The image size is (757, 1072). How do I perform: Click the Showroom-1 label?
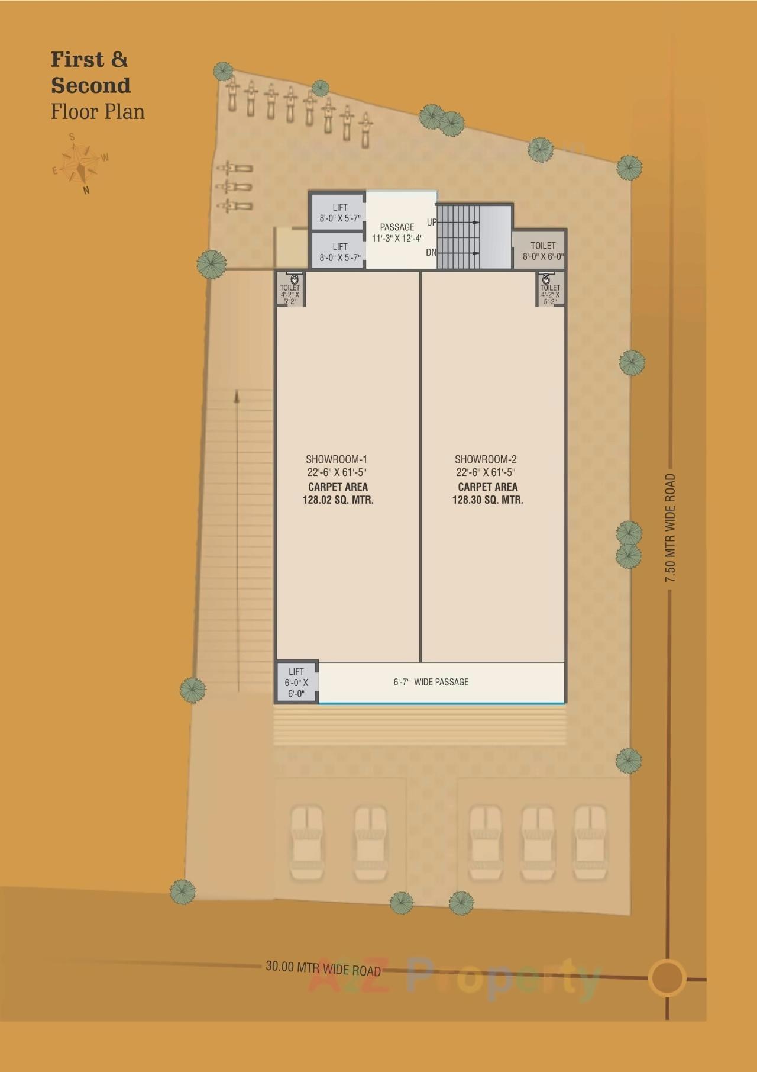point(337,459)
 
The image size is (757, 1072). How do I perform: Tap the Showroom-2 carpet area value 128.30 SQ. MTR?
point(487,500)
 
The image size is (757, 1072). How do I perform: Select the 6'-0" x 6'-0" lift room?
point(296,682)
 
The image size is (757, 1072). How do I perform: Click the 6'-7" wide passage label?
point(431,682)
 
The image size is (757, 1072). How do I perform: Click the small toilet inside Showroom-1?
point(290,289)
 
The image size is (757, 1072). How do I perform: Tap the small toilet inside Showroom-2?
point(550,289)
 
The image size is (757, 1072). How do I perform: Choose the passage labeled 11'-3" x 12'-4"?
point(397,233)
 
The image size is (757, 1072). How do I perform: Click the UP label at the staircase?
point(432,223)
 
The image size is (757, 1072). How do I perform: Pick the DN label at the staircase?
point(431,253)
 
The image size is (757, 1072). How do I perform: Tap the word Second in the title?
point(90,86)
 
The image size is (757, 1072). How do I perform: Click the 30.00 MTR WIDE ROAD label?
point(323,969)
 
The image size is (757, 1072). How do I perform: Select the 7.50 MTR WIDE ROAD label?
point(669,529)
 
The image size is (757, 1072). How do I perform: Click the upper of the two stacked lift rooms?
point(339,212)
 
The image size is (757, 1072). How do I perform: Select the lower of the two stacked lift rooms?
point(339,252)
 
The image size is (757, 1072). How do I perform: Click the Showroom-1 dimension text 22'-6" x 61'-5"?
point(337,472)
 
